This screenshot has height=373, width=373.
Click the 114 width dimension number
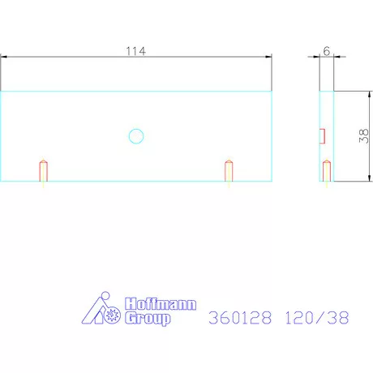[x=135, y=51]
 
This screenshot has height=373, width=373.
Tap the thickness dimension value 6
[x=326, y=50]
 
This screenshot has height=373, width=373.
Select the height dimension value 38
[x=363, y=135]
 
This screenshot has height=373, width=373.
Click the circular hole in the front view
[x=136, y=136]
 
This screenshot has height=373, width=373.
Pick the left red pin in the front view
[x=44, y=170]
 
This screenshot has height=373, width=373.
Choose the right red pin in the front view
[x=229, y=170]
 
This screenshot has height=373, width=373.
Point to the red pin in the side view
[x=327, y=170]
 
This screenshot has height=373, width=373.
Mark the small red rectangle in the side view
[x=322, y=135]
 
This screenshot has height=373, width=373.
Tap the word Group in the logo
[x=148, y=319]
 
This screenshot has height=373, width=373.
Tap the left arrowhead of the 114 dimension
[x=4, y=57]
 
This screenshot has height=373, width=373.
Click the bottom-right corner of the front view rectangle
[x=272, y=180]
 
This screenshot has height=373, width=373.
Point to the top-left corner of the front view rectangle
[x=1, y=91]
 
